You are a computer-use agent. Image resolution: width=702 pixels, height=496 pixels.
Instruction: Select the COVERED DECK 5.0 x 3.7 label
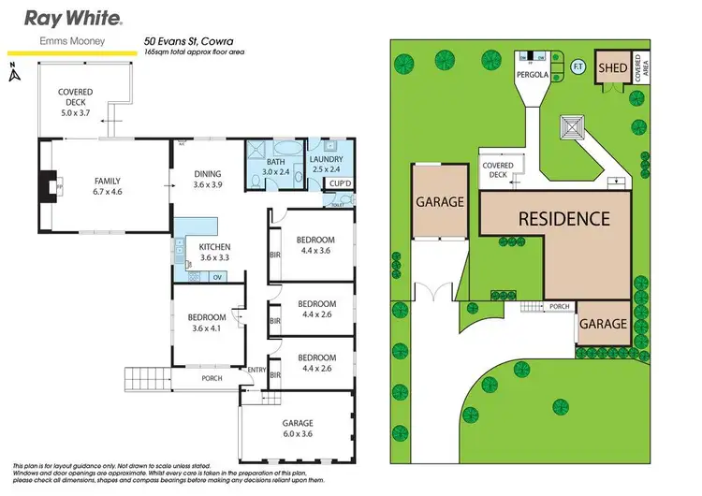click(x=74, y=98)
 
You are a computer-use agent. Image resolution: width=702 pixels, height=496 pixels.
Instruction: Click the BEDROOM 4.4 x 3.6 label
click(x=316, y=245)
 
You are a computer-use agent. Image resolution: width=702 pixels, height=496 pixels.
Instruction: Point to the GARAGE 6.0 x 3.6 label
click(x=299, y=428)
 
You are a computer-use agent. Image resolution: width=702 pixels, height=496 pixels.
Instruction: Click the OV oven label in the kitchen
click(x=216, y=277)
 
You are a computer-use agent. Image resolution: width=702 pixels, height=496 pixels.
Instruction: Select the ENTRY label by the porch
click(x=256, y=371)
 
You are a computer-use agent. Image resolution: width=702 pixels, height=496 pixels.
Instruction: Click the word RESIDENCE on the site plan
click(x=564, y=219)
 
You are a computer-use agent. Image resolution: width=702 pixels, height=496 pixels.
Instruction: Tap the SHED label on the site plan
click(x=612, y=67)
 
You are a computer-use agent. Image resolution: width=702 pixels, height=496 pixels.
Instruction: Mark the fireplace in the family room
click(x=47, y=185)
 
